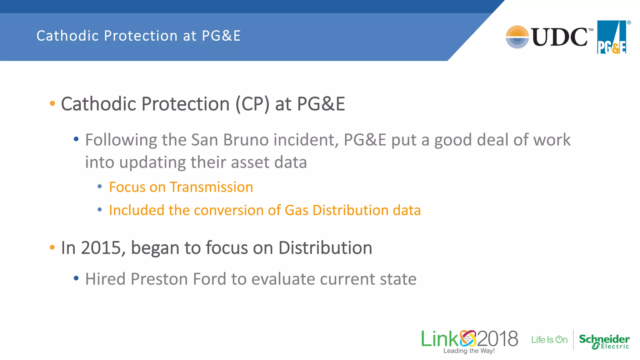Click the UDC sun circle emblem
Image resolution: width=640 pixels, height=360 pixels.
517,37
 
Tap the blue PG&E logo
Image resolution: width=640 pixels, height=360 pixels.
612,37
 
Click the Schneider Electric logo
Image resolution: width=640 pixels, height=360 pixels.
604,341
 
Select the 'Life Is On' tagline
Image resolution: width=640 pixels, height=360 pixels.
549,340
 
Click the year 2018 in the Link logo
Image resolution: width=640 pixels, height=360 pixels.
497,339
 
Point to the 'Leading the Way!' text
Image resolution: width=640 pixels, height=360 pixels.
469,351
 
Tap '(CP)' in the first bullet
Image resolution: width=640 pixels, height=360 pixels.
252,104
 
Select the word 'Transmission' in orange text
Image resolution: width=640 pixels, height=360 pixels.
211,187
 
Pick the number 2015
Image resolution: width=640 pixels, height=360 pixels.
101,248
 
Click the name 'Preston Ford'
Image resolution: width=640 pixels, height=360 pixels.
178,279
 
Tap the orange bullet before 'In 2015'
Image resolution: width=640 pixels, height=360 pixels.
52,248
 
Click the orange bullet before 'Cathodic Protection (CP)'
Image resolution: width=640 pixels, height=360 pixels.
52,103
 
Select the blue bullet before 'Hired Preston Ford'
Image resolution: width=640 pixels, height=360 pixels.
76,278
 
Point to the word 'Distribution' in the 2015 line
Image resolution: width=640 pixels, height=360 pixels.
325,248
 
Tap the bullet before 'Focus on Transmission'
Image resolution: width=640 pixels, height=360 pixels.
100,187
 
